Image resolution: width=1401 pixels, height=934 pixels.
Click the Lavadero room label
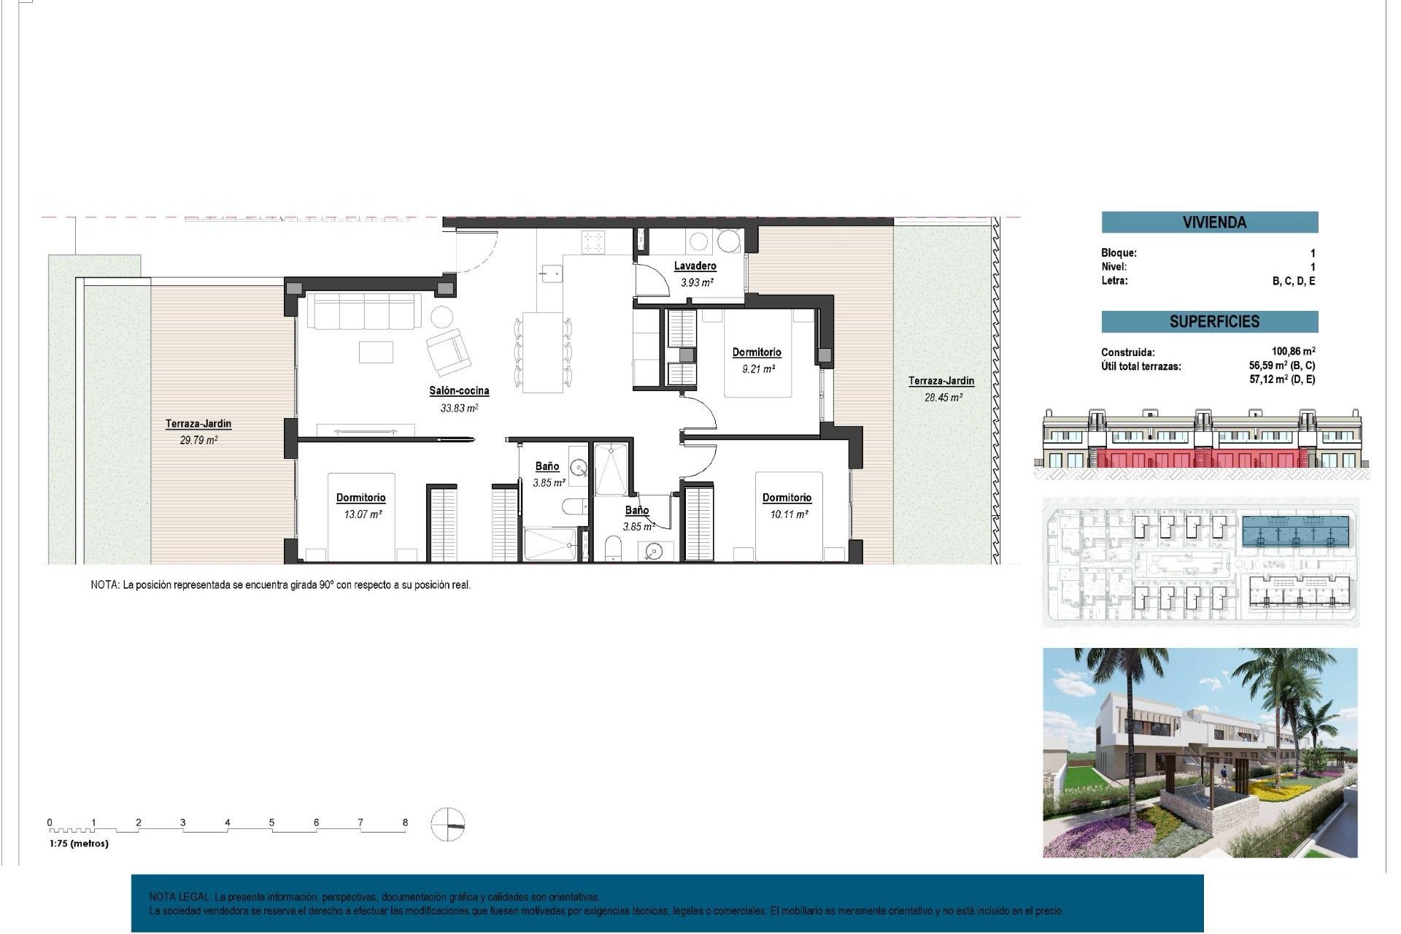[x=695, y=266]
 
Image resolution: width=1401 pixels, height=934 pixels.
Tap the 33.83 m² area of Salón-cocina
[x=459, y=409]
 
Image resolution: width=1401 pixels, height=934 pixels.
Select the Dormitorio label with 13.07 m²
[x=360, y=498]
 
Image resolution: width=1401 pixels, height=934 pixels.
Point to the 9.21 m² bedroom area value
[x=758, y=369]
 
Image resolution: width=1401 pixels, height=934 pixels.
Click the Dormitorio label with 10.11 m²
[x=787, y=498]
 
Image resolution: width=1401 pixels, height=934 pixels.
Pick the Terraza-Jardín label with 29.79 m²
[x=198, y=423]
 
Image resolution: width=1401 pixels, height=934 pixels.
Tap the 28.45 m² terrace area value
[x=943, y=398]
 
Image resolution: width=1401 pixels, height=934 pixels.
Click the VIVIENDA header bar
[x=1209, y=223]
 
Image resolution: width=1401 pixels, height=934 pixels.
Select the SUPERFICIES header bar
[x=1209, y=322]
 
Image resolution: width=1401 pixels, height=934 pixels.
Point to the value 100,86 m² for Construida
[x=1293, y=352]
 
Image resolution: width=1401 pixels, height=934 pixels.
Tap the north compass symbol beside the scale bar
[x=447, y=825]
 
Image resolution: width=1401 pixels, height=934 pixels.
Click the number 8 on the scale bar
[x=405, y=822]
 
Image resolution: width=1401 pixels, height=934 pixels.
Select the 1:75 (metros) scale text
[x=79, y=844]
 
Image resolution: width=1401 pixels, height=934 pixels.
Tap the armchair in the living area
[x=448, y=351]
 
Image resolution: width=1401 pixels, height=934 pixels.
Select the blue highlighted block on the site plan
[x=1295, y=532]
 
